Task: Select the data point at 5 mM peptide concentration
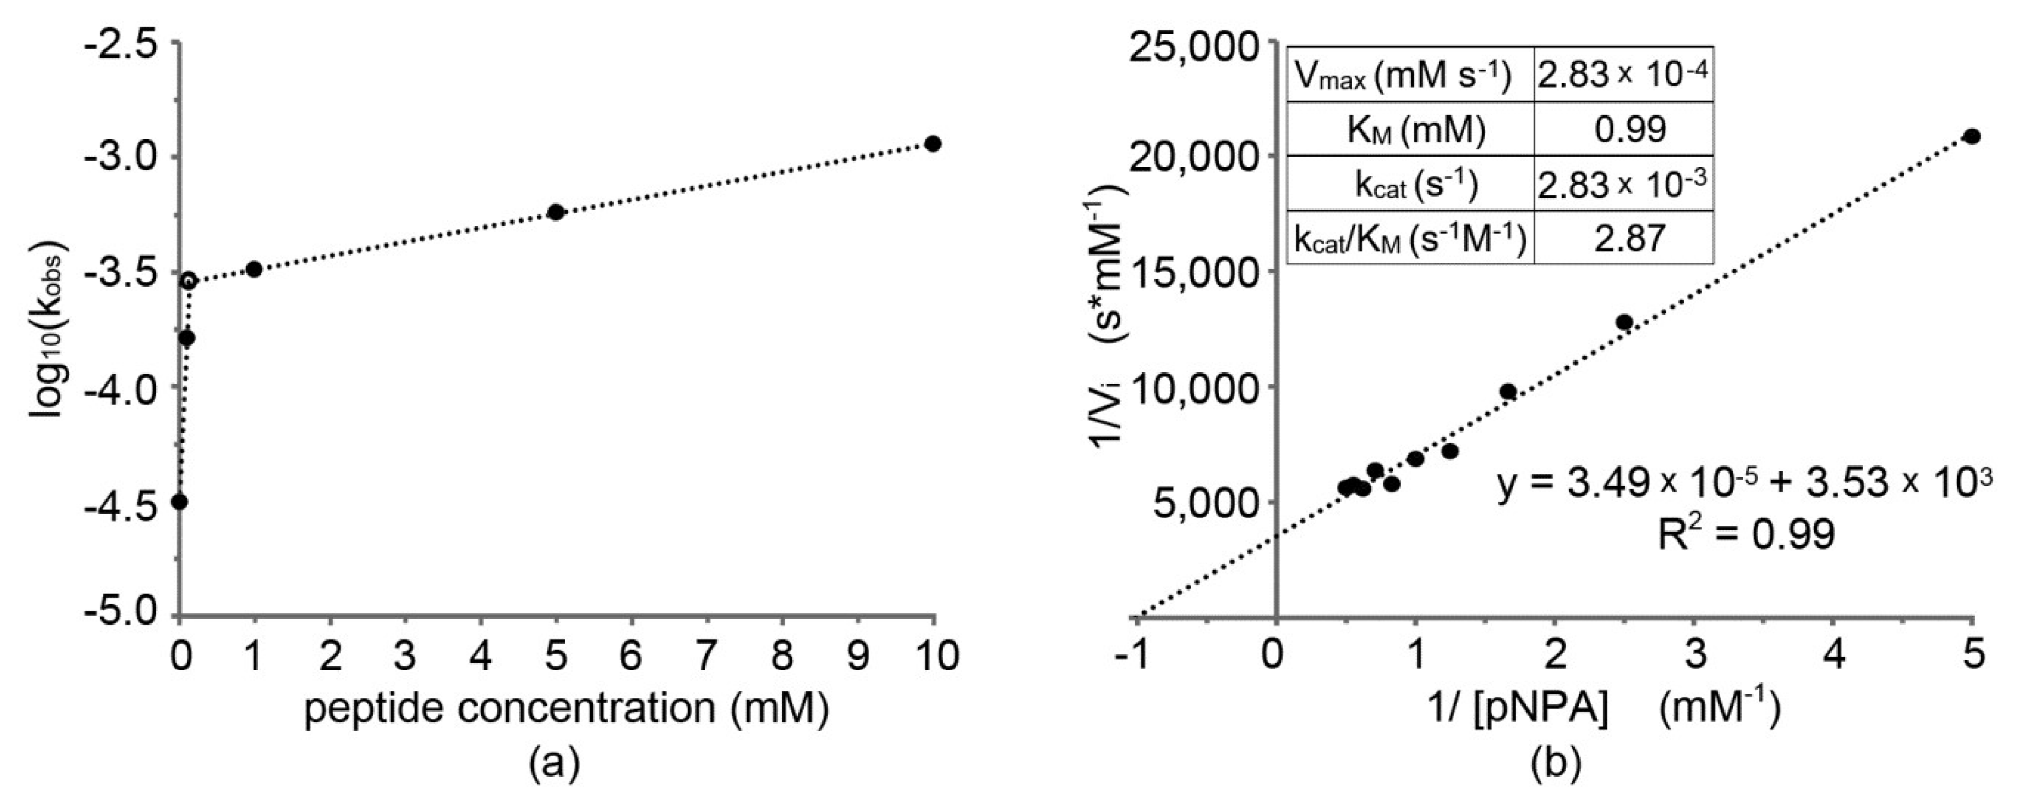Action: pos(555,212)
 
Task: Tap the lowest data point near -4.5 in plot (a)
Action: pos(180,501)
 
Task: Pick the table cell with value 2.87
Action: pos(1624,237)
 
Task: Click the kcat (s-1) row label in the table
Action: pos(1409,184)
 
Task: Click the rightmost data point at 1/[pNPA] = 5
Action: pos(1972,136)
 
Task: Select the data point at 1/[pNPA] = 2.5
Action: pos(1624,322)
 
